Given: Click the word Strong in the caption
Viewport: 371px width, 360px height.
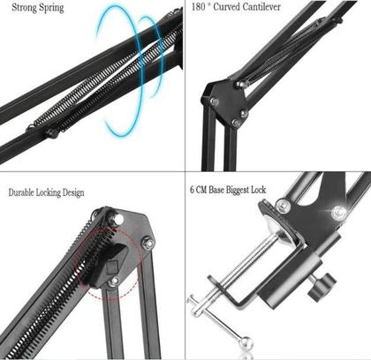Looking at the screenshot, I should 24,8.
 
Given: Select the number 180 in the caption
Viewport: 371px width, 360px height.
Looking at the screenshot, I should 201,8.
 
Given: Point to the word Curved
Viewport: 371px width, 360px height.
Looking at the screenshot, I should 237,8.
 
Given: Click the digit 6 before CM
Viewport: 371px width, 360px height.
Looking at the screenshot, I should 193,190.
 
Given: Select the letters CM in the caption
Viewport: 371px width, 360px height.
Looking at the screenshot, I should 207,190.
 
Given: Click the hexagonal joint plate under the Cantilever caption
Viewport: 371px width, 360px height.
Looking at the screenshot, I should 225,101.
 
